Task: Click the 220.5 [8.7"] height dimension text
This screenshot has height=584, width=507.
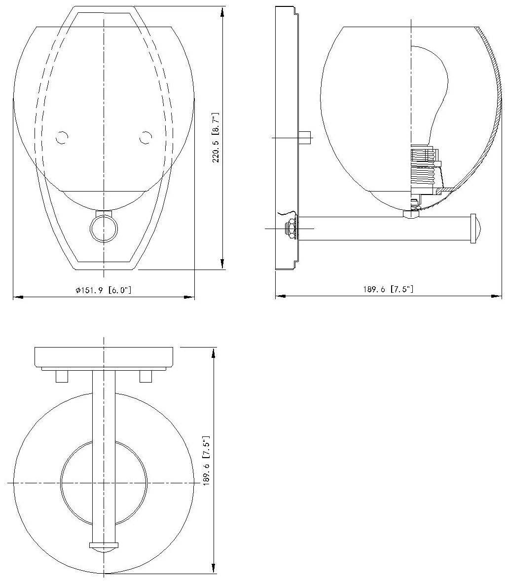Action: tap(216, 138)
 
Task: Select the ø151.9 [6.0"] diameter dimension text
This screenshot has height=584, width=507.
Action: tap(104, 290)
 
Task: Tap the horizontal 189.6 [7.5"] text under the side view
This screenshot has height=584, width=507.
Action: tap(388, 289)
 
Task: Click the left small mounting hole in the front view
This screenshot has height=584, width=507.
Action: tap(62, 138)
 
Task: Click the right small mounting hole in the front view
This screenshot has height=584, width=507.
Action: tap(145, 138)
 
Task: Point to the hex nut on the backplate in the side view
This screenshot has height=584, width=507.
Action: tap(290, 229)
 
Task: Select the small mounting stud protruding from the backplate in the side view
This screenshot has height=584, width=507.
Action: tap(305, 137)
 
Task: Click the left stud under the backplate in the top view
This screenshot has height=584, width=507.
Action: tap(62, 377)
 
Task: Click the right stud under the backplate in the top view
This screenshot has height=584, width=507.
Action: tap(145, 377)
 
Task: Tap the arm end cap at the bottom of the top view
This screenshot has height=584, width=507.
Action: tap(104, 547)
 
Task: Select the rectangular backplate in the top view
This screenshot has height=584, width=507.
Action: tap(104, 356)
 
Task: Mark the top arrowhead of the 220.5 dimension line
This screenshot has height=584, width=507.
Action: tap(222, 11)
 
